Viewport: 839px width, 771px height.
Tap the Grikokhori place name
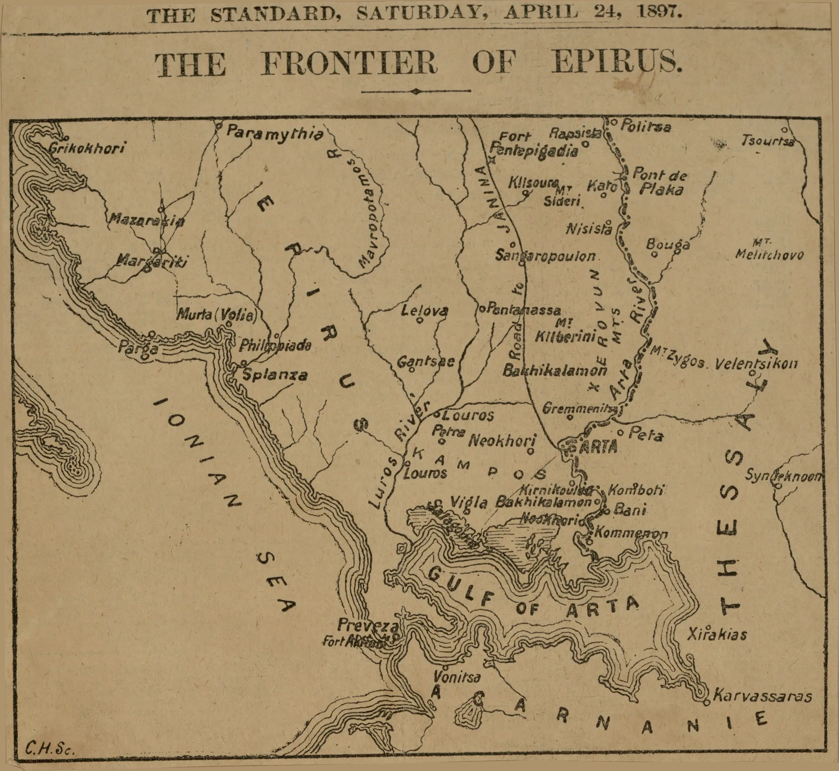[87, 148]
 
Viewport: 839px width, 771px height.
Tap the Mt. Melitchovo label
[769, 250]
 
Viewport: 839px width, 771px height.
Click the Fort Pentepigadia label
[534, 143]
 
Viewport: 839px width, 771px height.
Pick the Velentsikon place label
[756, 364]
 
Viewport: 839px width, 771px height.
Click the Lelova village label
[424, 310]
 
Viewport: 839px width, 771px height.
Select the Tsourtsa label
[768, 141]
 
